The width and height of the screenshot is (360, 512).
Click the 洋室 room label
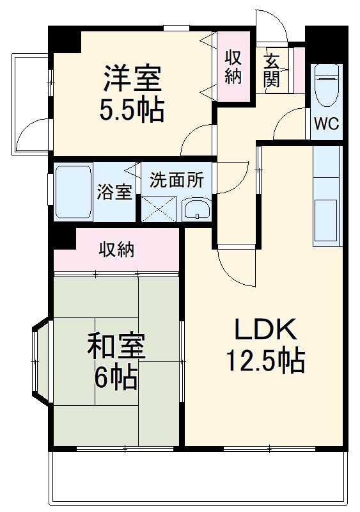tap(133, 79)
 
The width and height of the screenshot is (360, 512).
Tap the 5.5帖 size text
tap(132, 109)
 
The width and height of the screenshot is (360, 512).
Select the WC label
tap(326, 124)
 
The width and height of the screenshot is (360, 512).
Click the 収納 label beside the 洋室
tap(233, 67)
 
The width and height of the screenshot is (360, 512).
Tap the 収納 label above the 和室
tap(116, 250)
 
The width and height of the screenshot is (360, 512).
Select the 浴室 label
tap(114, 192)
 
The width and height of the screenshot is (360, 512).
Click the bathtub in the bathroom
tap(73, 192)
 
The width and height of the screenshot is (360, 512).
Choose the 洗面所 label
tap(177, 180)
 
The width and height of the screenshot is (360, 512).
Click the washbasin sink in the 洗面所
tap(196, 209)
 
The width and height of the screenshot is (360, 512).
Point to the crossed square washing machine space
tap(158, 209)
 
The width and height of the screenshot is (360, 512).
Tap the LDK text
tap(265, 330)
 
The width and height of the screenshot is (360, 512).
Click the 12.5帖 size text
tap(264, 362)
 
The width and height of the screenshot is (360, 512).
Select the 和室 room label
tap(116, 348)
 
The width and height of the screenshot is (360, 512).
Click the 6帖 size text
tap(116, 378)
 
